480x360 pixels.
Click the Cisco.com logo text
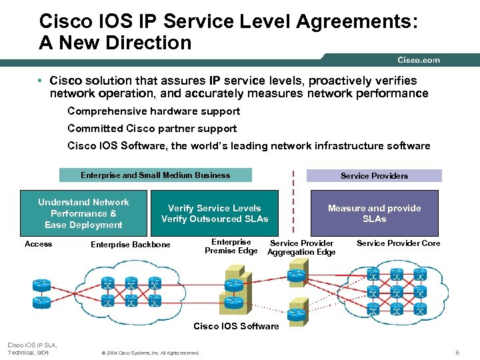tap(419, 60)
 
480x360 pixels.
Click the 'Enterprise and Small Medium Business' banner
tap(155, 175)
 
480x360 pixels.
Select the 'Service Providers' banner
tap(373, 176)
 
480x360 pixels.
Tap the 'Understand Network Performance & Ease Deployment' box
tap(83, 213)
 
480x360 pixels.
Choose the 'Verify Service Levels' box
tap(215, 213)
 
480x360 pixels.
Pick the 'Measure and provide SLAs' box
tap(374, 213)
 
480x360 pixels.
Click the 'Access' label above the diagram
tap(38, 244)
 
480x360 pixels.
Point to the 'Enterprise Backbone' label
tap(130, 245)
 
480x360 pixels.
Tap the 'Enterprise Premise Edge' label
tap(231, 246)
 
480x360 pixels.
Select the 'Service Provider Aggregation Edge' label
tap(301, 247)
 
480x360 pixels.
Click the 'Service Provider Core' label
tap(398, 243)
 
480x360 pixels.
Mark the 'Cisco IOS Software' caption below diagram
tap(236, 326)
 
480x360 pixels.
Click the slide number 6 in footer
tap(457, 352)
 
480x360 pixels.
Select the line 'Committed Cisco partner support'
tap(152, 128)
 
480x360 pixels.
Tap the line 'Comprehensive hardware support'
tap(153, 111)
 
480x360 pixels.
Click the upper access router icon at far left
tap(41, 285)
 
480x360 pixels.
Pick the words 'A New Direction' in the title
tap(115, 43)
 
